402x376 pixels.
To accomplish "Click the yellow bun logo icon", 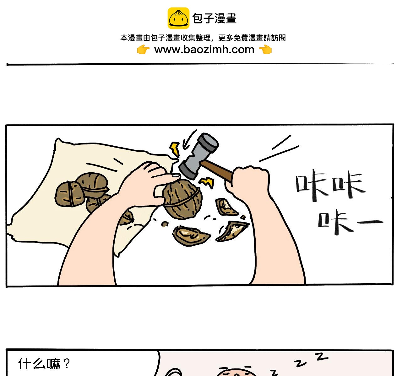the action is click(x=178, y=18).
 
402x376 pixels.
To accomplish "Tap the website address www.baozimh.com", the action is click(x=204, y=50).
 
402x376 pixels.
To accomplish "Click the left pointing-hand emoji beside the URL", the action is click(x=143, y=50).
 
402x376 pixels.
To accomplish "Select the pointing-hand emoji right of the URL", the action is click(x=265, y=50).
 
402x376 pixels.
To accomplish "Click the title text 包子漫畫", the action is click(x=215, y=18).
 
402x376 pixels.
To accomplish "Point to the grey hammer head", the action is click(x=199, y=156).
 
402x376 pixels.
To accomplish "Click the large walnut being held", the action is click(x=182, y=199).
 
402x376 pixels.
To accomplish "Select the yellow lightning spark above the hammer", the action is click(x=175, y=149).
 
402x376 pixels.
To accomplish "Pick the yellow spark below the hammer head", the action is click(x=206, y=182).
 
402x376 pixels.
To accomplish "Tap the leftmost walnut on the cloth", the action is click(x=69, y=194).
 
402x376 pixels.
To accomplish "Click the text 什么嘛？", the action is click(x=44, y=364).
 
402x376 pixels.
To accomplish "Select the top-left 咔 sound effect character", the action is click(x=312, y=185).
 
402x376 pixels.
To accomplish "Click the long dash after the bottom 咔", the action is click(x=370, y=222).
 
